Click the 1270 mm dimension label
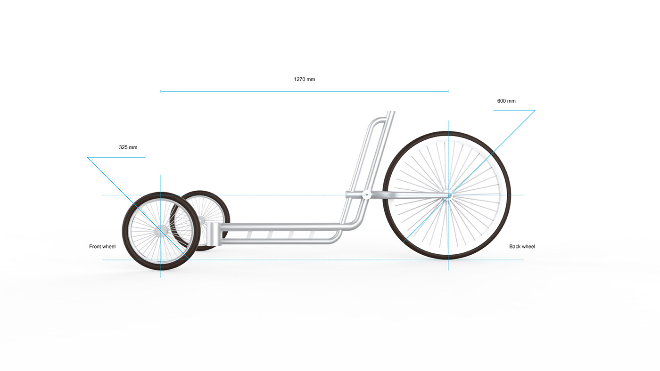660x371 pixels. tap(305, 79)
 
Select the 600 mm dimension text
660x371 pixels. tap(506, 101)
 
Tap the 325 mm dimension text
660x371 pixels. tap(128, 147)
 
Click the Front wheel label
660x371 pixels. tap(102, 246)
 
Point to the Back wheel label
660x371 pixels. tap(522, 246)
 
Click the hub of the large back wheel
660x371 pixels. tap(448, 195)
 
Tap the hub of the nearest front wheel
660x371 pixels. tap(161, 231)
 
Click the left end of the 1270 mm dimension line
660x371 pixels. tap(161, 91)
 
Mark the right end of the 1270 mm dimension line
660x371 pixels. tap(448, 91)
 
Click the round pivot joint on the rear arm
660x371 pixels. tap(366, 194)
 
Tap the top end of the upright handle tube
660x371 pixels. tap(391, 113)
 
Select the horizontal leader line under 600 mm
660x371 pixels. tap(514, 110)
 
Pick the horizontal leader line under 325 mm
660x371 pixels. tap(116, 157)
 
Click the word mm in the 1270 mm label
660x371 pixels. tap(311, 79)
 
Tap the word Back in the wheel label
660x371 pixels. tap(515, 246)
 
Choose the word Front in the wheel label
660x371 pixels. tap(96, 246)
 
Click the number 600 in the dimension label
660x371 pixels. tap(502, 101)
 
